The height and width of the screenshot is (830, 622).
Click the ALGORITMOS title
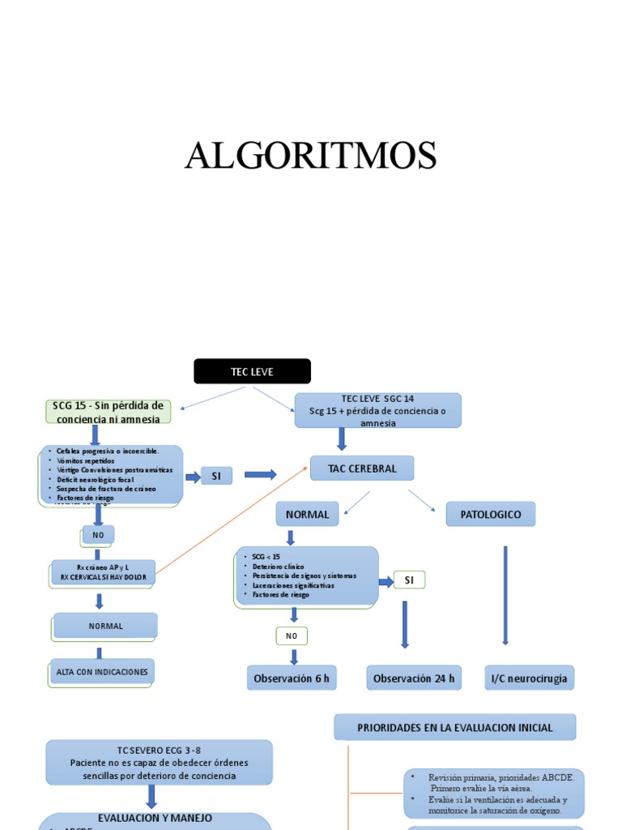pos(311,156)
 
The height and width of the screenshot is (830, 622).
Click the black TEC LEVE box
pos(252,371)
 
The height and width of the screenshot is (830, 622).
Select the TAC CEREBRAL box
pos(362,468)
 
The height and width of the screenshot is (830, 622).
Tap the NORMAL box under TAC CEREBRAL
pos(307,515)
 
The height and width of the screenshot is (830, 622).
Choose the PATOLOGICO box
pos(491,515)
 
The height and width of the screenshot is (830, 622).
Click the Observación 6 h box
pos(292,678)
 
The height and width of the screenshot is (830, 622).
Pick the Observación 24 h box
pos(414,678)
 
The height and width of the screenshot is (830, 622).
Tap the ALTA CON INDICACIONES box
pos(102,672)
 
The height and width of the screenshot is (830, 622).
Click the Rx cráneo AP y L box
pos(103,572)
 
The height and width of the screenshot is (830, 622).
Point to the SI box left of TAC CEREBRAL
pos(216,477)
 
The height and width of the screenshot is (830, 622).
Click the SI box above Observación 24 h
pos(409,580)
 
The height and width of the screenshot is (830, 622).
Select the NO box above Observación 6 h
pos(292,636)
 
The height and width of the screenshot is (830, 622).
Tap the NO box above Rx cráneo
pos(98,535)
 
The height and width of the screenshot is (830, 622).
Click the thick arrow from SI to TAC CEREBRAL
pos(260,475)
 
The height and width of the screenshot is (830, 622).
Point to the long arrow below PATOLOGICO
pos(505,595)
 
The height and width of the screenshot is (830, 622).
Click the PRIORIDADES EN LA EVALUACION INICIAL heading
pos(455,727)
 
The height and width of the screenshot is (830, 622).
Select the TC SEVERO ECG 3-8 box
pos(159,763)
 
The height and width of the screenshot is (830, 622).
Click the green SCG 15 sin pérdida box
pos(108,411)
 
